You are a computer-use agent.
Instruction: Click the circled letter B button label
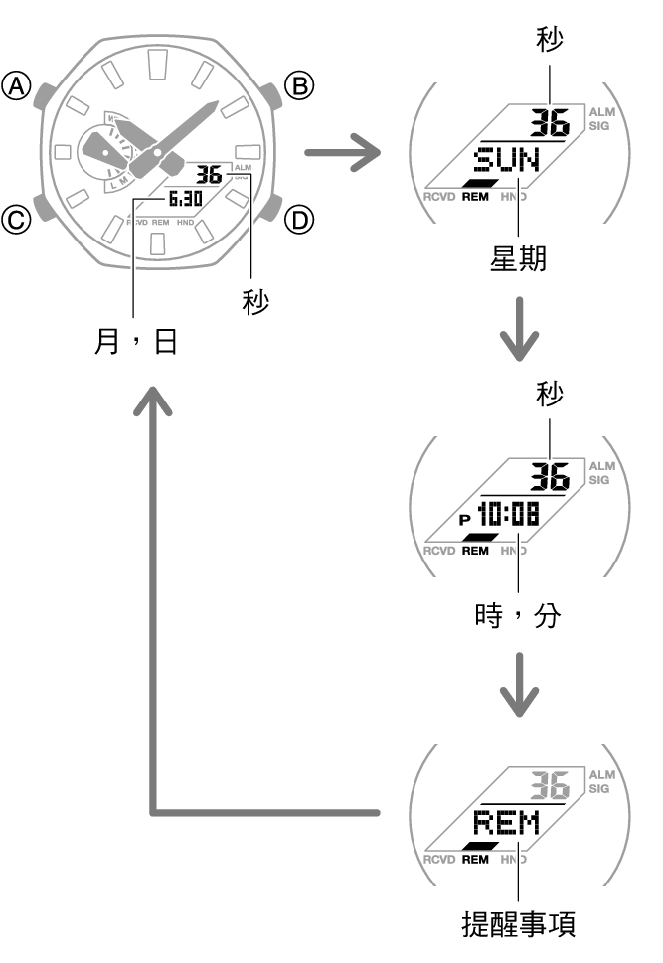point(299,86)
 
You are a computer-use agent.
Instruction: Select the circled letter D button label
point(299,218)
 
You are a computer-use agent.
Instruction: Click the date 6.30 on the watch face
point(185,198)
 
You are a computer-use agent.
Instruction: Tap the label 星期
point(519,259)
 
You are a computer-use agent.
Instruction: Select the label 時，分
point(519,616)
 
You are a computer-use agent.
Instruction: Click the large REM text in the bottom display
point(506,823)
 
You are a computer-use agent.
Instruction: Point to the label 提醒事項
point(519,924)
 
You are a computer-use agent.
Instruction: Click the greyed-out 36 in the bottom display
point(549,786)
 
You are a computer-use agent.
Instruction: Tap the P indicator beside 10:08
point(464,520)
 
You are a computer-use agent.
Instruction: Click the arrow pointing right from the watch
point(342,153)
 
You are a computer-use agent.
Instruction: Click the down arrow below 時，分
point(519,686)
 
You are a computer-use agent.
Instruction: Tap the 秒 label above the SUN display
point(549,41)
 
